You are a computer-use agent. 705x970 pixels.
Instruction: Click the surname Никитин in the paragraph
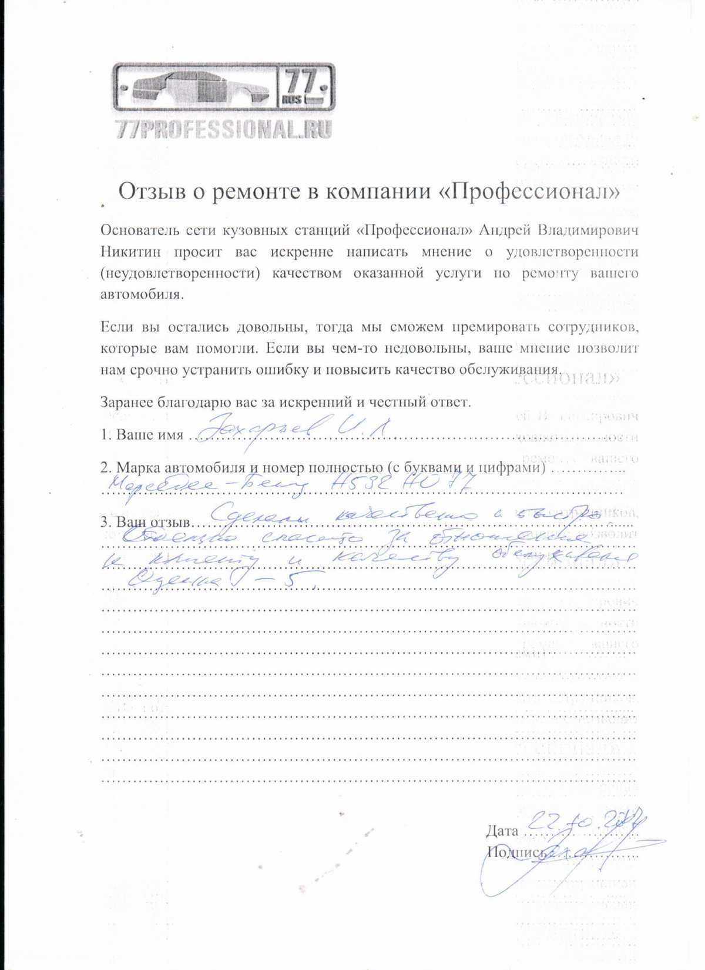(123, 252)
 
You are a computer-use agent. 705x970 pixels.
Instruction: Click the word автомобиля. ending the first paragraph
(142, 295)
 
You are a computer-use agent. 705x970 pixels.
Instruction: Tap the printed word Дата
(502, 831)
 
